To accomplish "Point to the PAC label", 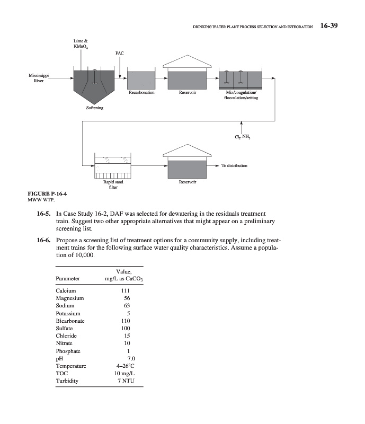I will click(120, 54).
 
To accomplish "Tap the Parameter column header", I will click(67, 278).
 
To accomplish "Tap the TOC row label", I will click(61, 374).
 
